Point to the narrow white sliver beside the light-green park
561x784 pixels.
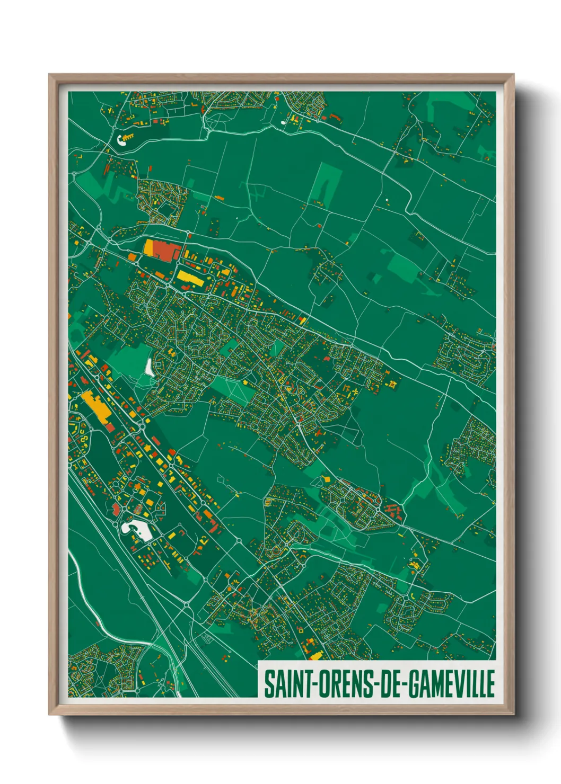point(150,366)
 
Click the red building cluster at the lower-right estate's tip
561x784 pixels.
point(392,512)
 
